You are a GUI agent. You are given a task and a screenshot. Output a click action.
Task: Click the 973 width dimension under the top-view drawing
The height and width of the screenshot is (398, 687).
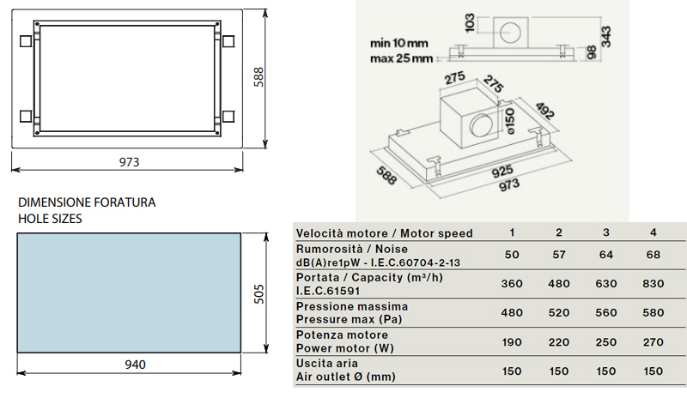tap(129, 162)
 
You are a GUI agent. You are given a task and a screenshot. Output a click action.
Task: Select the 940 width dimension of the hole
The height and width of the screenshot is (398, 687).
tap(135, 365)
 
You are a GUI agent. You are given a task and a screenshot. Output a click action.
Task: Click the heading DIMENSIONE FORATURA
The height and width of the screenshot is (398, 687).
tap(87, 203)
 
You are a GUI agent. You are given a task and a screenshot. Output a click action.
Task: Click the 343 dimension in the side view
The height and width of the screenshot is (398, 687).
tap(607, 37)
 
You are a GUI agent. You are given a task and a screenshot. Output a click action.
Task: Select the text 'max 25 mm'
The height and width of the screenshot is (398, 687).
tap(399, 58)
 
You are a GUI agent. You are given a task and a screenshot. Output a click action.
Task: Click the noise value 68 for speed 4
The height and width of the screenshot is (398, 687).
tap(653, 256)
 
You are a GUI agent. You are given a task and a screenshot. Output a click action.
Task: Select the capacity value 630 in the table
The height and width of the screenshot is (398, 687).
tap(606, 283)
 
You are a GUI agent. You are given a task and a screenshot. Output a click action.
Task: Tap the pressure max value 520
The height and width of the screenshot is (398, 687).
tap(559, 312)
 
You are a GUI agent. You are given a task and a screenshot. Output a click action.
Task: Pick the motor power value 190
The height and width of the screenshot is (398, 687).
tap(512, 341)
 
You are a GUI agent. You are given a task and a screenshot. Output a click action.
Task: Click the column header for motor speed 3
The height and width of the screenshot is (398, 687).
tap(606, 232)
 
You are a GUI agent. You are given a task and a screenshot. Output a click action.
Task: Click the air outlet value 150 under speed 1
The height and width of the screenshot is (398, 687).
tap(512, 371)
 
